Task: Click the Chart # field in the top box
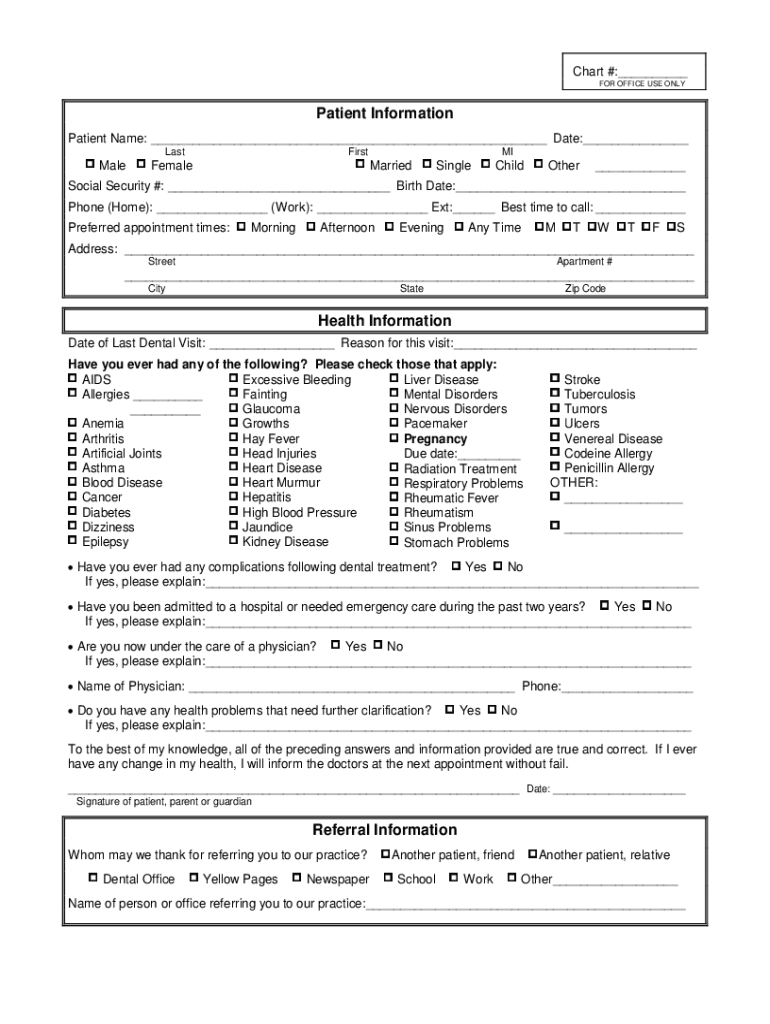(x=652, y=73)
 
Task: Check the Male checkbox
(x=90, y=164)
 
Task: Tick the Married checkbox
(x=360, y=164)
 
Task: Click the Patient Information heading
(x=385, y=114)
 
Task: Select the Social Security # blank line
(x=279, y=187)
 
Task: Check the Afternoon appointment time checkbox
(x=311, y=227)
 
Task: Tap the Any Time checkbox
(x=458, y=227)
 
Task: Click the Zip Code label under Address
(x=585, y=289)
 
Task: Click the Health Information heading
(x=385, y=321)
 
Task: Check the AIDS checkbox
(x=72, y=379)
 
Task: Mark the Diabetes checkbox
(x=72, y=511)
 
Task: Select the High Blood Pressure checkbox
(x=233, y=511)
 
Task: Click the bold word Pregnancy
(x=435, y=439)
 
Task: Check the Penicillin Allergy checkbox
(x=555, y=467)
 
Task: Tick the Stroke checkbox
(x=555, y=379)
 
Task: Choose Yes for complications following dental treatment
(x=456, y=566)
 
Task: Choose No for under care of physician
(x=378, y=645)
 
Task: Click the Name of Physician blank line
(x=351, y=687)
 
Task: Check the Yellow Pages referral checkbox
(x=193, y=878)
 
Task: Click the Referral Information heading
(x=385, y=830)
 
